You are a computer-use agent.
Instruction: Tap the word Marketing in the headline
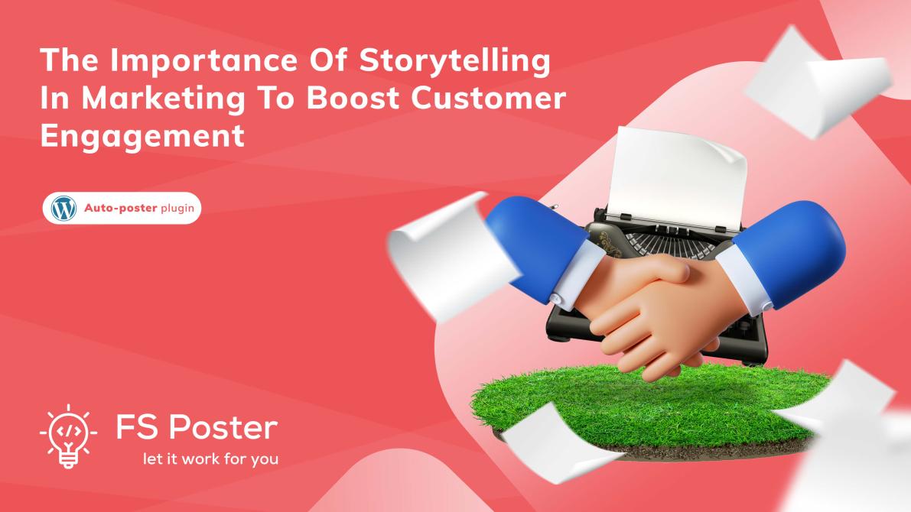point(163,99)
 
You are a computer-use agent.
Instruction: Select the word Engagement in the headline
point(142,137)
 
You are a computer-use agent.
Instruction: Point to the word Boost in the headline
point(353,98)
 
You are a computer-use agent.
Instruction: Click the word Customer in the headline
point(489,98)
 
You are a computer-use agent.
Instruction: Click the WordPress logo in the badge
point(63,208)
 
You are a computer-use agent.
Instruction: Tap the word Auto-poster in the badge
point(120,208)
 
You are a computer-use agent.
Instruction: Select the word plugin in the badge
point(177,209)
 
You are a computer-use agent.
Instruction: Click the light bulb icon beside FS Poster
point(68,436)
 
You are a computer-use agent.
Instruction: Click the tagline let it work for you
point(210,459)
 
